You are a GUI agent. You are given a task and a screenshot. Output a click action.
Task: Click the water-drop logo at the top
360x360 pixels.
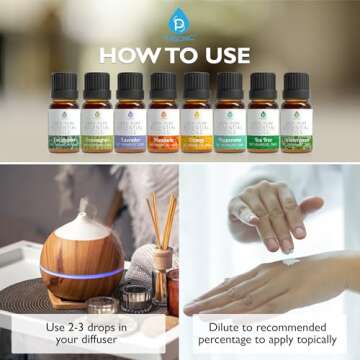pyautogui.click(x=179, y=18)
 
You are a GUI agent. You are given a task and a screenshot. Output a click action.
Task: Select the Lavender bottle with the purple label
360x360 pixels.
pyautogui.click(x=130, y=120)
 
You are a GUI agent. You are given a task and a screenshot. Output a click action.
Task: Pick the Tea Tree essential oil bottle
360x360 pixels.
pyautogui.click(x=263, y=120)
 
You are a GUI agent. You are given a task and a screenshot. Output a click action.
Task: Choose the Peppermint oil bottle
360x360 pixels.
pyautogui.click(x=230, y=120)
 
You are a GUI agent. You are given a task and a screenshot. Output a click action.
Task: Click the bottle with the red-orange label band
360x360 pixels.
pyautogui.click(x=163, y=120)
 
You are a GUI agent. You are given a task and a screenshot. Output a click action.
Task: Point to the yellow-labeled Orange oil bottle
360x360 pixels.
pyautogui.click(x=196, y=120)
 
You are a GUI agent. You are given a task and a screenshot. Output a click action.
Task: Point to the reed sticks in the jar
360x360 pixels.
pyautogui.click(x=159, y=219)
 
